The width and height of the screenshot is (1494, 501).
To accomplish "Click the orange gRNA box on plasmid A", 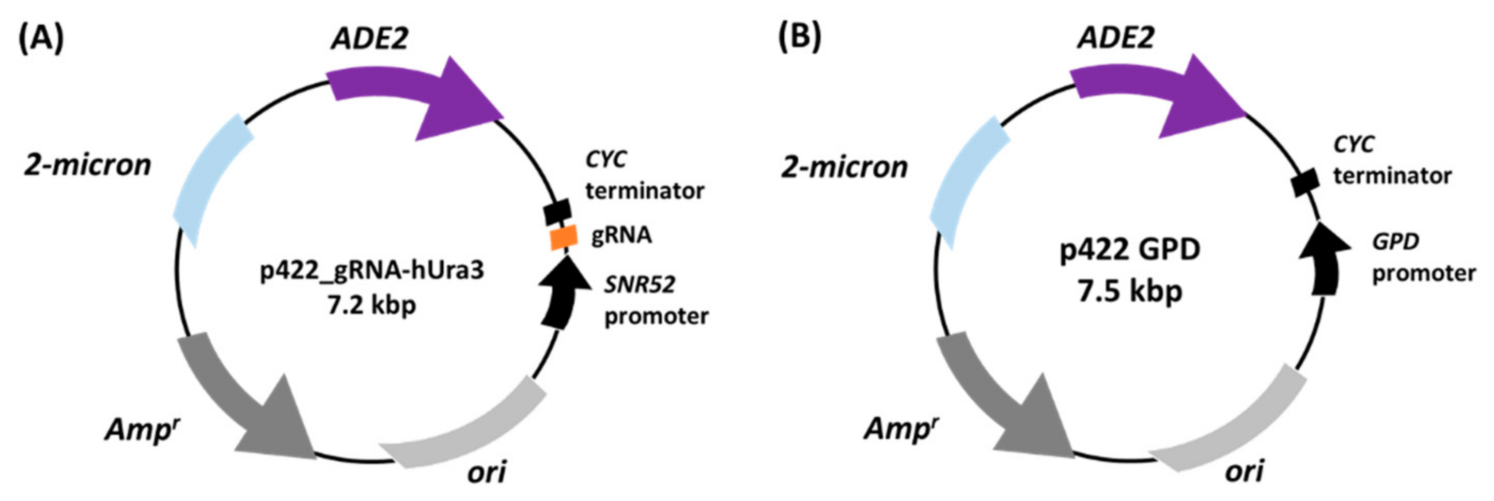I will point(563,237).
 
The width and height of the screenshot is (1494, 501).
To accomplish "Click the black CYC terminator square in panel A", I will point(557,212).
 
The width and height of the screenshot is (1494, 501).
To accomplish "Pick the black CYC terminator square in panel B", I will point(1305,183).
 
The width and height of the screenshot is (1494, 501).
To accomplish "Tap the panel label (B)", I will point(799,37).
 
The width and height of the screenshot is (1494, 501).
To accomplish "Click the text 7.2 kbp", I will point(372,305).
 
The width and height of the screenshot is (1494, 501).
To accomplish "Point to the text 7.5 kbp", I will point(1130,290).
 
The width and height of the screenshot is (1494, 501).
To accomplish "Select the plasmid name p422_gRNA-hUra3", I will point(372,270).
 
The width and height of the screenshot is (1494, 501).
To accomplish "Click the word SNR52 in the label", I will point(640,284).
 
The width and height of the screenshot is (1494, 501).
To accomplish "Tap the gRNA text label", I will point(621,235).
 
